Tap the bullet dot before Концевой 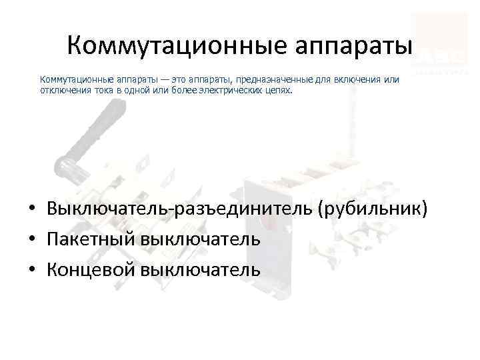(32, 270)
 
